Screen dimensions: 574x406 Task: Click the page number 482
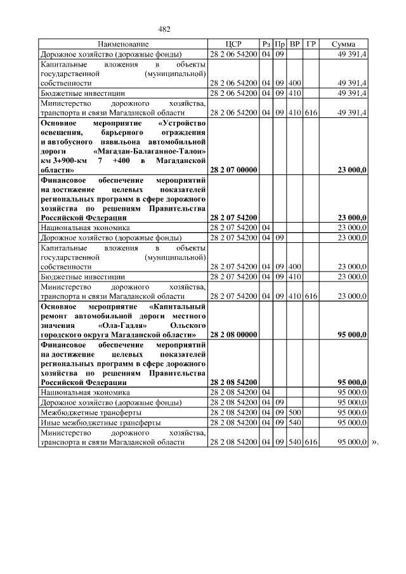click(x=165, y=29)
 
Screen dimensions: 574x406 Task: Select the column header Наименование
click(x=123, y=44)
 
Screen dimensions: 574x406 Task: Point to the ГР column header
click(x=311, y=44)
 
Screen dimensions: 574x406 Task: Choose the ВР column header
click(x=295, y=44)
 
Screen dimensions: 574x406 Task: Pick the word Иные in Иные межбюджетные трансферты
click(x=49, y=422)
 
